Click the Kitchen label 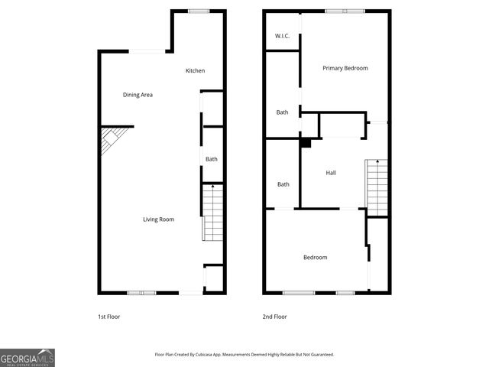click(195, 71)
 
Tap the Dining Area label click(138, 95)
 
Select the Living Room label click(159, 219)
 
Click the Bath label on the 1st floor click(212, 159)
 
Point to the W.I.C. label click(282, 37)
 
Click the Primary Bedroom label click(345, 68)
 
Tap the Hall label click(331, 173)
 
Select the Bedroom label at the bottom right click(315, 258)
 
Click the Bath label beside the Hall click(283, 184)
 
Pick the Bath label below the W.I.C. click(282, 112)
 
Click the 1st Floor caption click(108, 317)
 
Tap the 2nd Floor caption click(275, 317)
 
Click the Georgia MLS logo click(28, 358)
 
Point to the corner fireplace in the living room click(108, 141)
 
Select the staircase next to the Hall click(377, 187)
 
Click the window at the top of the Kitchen click(199, 11)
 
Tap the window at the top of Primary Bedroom click(345, 11)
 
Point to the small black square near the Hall click(306, 142)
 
